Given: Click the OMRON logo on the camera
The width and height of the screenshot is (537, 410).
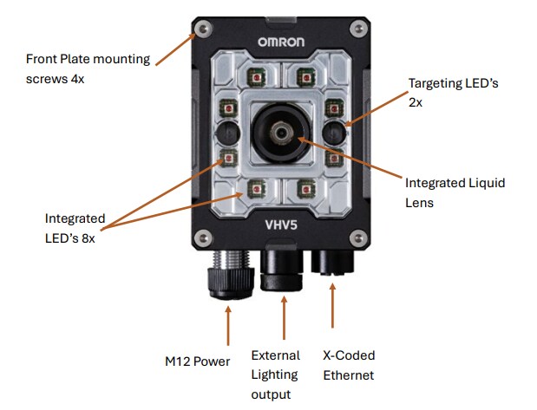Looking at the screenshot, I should [x=280, y=41].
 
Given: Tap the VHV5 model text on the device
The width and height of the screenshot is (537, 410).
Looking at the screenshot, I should [x=281, y=224].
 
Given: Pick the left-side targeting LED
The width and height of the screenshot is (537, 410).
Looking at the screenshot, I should [x=226, y=132].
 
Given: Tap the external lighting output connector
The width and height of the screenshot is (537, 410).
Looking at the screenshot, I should [x=283, y=270].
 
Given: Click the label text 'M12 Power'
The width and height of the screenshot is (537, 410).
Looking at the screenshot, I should [x=197, y=361].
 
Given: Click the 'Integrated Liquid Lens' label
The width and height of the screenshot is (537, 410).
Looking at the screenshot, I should [x=455, y=193].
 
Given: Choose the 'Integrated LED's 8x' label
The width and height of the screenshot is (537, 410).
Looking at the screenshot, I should [x=75, y=228].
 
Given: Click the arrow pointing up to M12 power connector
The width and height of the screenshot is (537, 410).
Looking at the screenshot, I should [x=227, y=326].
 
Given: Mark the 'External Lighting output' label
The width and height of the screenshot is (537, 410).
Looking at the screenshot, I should [x=275, y=374].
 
